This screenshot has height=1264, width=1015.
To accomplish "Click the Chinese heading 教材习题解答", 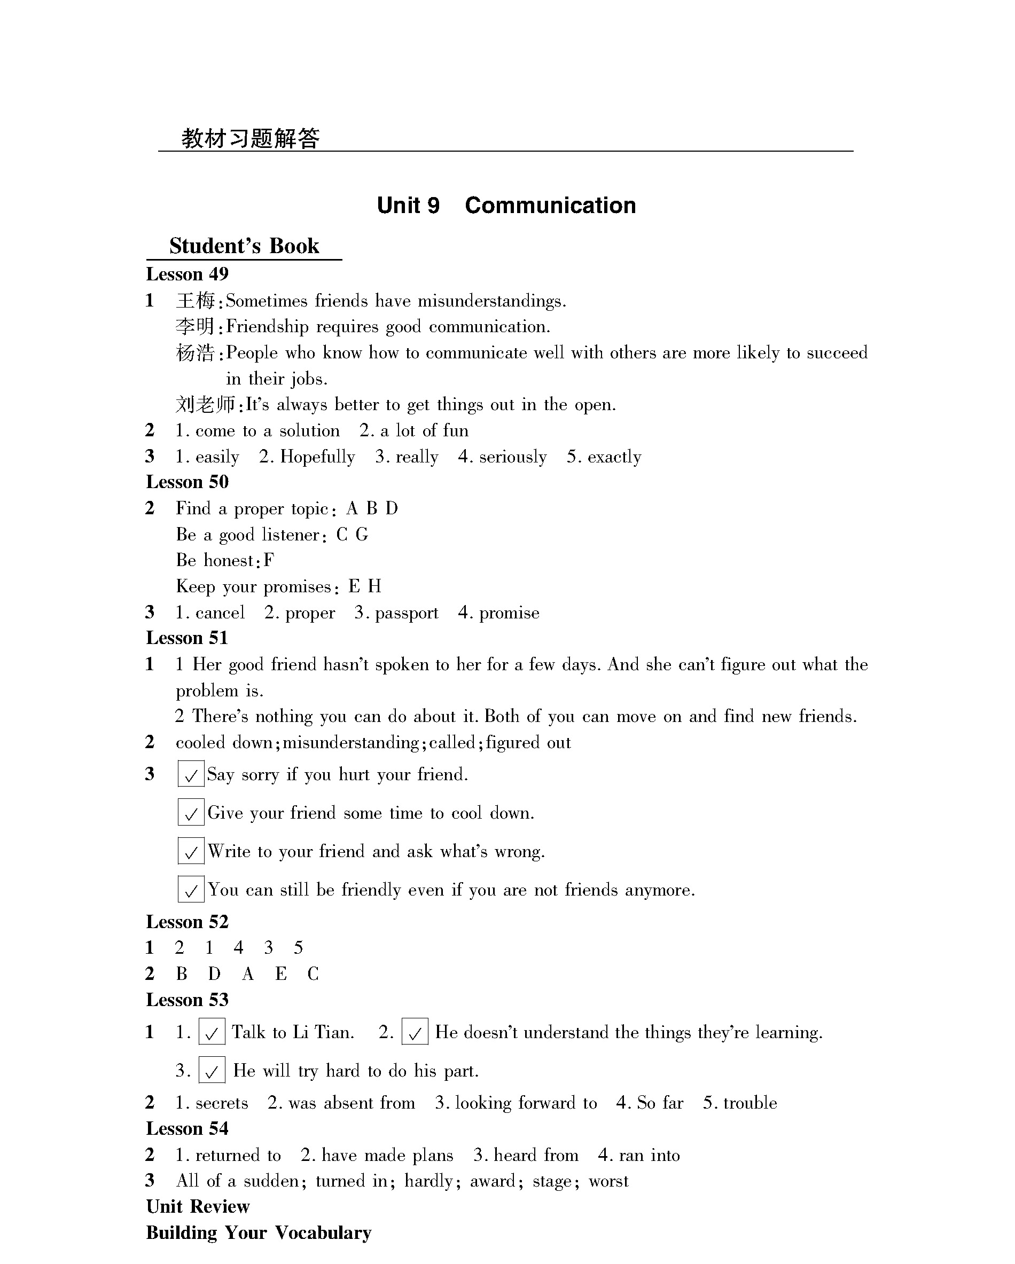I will [251, 139].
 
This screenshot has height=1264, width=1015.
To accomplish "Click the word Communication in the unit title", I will [550, 206].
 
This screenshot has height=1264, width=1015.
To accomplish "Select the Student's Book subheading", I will [244, 246].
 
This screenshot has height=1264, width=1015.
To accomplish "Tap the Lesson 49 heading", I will [187, 274].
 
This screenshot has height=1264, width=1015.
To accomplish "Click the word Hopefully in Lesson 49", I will [317, 457].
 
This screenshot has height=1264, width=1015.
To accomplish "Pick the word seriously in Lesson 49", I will [512, 457].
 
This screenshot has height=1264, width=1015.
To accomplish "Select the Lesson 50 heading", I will [187, 482].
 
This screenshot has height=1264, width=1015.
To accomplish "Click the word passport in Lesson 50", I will [407, 613].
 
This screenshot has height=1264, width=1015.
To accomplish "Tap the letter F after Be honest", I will [269, 561].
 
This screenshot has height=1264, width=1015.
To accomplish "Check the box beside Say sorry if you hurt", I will [191, 774].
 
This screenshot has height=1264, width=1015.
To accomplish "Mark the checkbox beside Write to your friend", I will [191, 851].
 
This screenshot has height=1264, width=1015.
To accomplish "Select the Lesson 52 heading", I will [187, 922].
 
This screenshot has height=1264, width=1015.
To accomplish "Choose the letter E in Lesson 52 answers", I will [281, 975].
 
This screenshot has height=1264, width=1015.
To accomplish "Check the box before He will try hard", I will [212, 1071].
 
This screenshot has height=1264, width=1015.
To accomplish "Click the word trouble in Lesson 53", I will [750, 1103].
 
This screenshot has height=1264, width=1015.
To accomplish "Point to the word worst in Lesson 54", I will [608, 1181].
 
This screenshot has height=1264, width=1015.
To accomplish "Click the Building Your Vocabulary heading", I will [259, 1233].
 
